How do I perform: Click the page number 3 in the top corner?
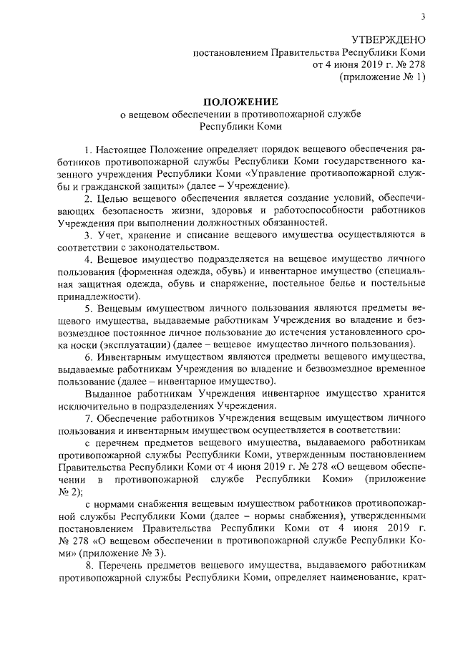(423, 17)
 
